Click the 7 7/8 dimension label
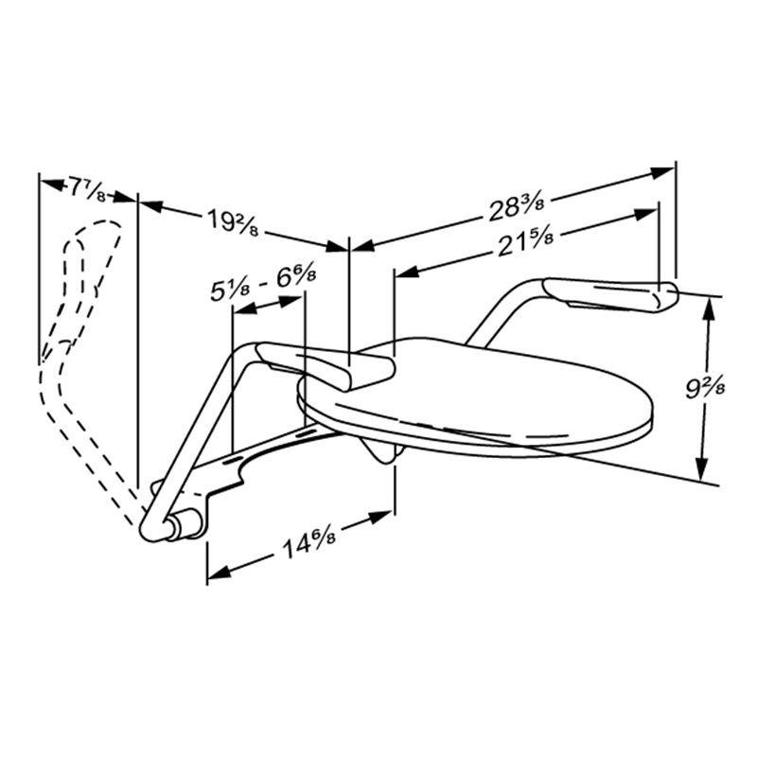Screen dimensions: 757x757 pos(86,188)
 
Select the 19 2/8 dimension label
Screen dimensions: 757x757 pos(233,222)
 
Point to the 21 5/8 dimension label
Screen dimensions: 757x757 pos(525,244)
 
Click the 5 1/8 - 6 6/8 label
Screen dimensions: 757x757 pos(264,286)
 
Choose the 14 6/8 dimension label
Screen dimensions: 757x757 pos(309,542)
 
